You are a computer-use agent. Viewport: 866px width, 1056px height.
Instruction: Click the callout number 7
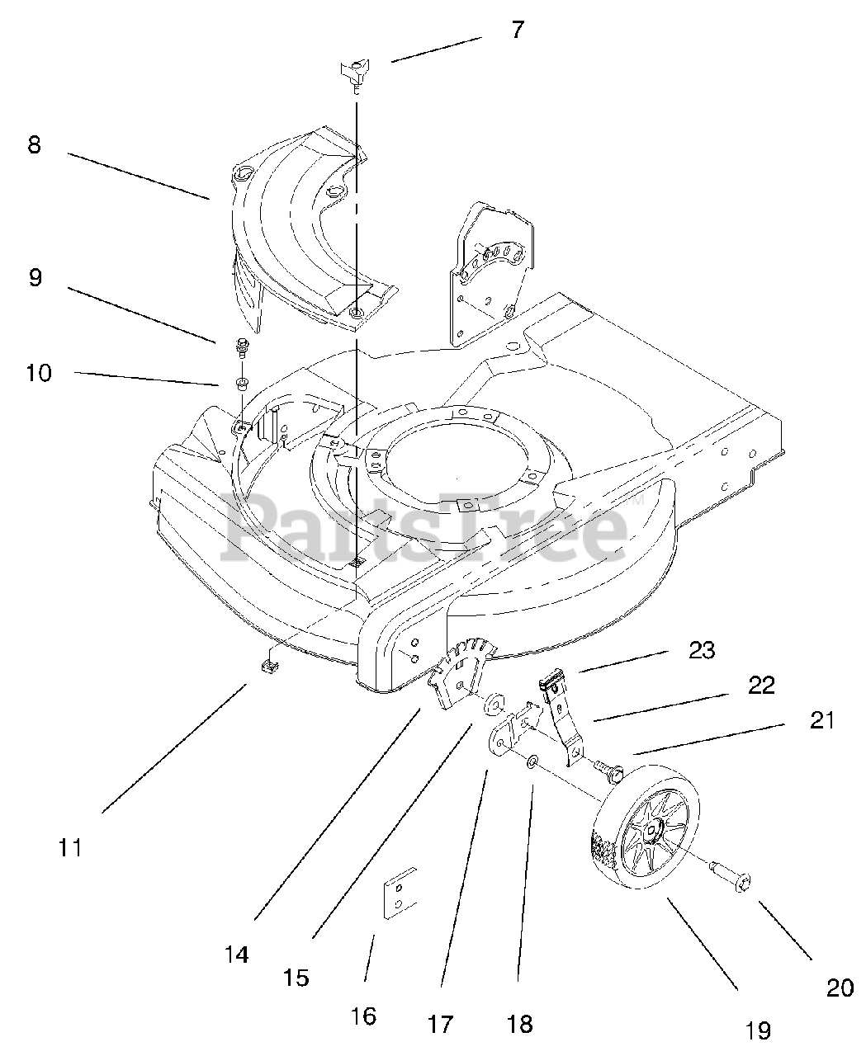click(x=517, y=31)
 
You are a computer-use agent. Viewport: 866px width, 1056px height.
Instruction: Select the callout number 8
click(x=34, y=146)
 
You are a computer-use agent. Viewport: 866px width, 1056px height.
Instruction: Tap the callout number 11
click(x=70, y=846)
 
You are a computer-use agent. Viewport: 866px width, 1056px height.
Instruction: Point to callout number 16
click(x=363, y=1015)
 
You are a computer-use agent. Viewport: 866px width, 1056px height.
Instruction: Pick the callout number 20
click(x=840, y=988)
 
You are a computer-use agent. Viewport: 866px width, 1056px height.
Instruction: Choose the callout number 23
click(x=703, y=650)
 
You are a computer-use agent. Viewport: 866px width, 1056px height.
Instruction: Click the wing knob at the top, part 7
click(x=353, y=73)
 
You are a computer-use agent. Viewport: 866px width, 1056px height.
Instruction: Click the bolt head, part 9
click(x=242, y=345)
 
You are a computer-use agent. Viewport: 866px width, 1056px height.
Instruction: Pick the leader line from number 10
click(x=149, y=378)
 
